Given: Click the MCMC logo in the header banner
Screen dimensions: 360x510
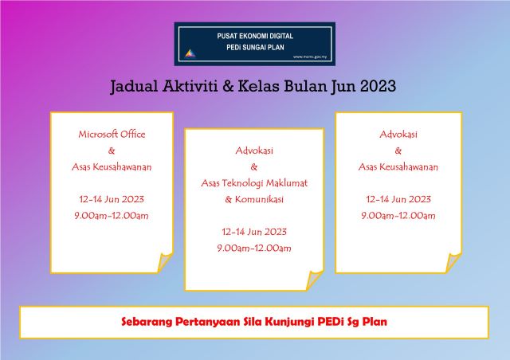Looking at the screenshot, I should pyautogui.click(x=189, y=53).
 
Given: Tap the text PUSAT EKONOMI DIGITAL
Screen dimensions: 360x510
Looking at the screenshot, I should pyautogui.click(x=254, y=36).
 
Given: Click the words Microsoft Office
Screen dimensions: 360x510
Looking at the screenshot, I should pyautogui.click(x=112, y=134).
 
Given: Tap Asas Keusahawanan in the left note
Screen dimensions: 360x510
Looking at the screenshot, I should pyautogui.click(x=112, y=166).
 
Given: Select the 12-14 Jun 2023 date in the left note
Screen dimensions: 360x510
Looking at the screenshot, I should pyautogui.click(x=112, y=199).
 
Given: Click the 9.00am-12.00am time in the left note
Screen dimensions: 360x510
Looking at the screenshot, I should pyautogui.click(x=112, y=215).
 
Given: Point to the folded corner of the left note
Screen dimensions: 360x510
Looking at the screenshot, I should pyautogui.click(x=165, y=263).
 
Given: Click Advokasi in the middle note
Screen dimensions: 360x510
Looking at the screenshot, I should pyautogui.click(x=254, y=150).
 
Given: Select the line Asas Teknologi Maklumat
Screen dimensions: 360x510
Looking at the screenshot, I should pyautogui.click(x=254, y=182).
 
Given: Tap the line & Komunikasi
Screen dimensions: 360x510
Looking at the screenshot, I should pyautogui.click(x=254, y=199).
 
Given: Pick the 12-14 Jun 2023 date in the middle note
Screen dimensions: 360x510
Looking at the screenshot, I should pyautogui.click(x=254, y=232).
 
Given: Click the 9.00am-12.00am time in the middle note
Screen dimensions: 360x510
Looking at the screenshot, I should pyautogui.click(x=254, y=248).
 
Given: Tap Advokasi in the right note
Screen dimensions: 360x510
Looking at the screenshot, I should pyautogui.click(x=398, y=134).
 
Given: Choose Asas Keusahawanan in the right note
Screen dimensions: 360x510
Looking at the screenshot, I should pyautogui.click(x=398, y=166).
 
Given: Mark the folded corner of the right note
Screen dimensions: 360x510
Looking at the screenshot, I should pyautogui.click(x=452, y=263).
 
